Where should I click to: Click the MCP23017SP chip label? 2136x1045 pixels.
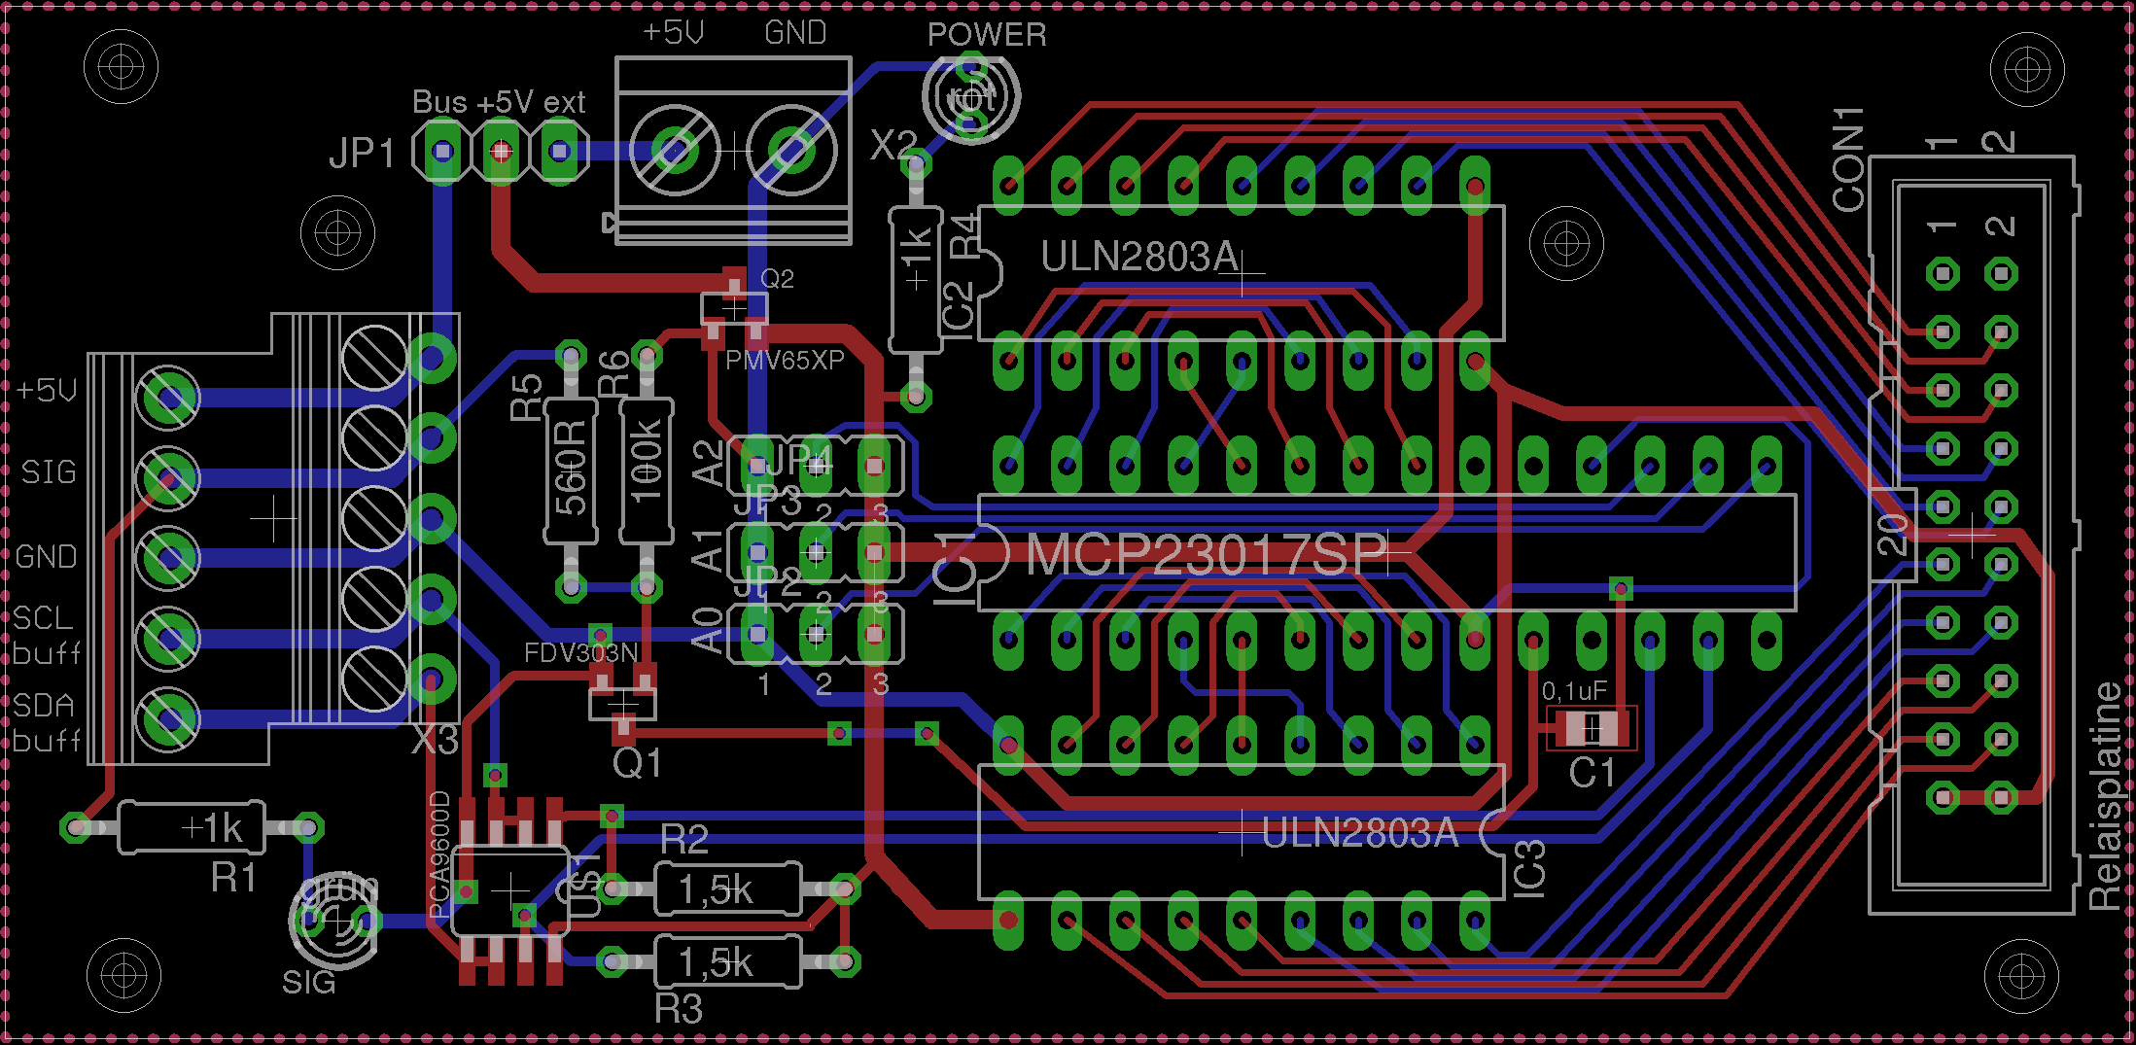click(x=1206, y=554)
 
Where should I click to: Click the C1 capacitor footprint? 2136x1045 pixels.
click(x=1592, y=728)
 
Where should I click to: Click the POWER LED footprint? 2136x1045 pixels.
click(x=970, y=96)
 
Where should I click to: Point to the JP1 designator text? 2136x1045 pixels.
click(x=362, y=154)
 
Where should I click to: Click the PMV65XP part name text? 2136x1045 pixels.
click(x=784, y=361)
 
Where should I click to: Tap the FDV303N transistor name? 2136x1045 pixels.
click(x=580, y=652)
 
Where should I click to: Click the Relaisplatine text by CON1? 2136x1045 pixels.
click(x=2105, y=797)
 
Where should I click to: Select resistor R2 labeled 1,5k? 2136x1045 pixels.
click(x=727, y=888)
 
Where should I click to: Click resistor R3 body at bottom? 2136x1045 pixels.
click(x=727, y=962)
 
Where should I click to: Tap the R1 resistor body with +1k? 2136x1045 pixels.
click(x=191, y=828)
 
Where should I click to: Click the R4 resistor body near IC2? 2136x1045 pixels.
click(x=915, y=280)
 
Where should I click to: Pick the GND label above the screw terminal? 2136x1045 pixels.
click(x=794, y=33)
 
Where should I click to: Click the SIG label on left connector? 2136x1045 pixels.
click(x=49, y=472)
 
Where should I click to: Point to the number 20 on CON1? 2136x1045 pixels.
click(x=1892, y=534)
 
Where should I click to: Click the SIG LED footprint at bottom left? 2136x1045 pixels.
click(x=333, y=919)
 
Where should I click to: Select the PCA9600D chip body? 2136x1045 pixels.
click(x=509, y=889)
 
